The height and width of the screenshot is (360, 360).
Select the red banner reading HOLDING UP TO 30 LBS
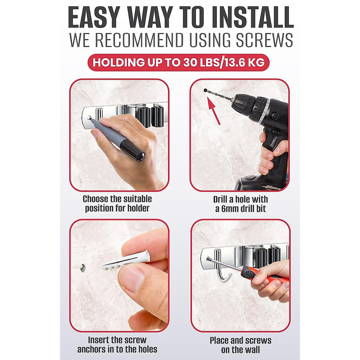tap(178, 63)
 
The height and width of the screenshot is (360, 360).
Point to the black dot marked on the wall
tap(205, 90)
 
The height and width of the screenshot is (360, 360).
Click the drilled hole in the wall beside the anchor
tap(82, 267)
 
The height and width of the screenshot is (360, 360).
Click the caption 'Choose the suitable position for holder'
tap(117, 203)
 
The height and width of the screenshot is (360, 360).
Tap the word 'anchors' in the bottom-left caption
tap(91, 349)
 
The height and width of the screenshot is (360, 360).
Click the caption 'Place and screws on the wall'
tap(240, 345)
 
